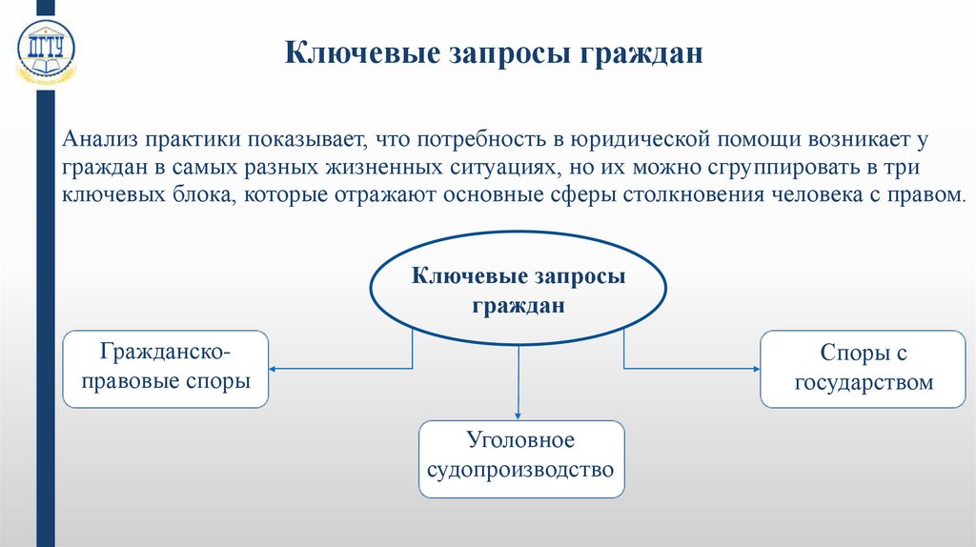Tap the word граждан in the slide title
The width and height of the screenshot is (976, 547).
click(x=637, y=51)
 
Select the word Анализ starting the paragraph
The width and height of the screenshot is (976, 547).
click(x=99, y=140)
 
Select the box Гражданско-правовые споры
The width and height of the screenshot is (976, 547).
click(x=166, y=369)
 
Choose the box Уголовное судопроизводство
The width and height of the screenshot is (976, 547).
click(x=521, y=458)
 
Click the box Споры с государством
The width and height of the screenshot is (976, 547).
click(x=862, y=369)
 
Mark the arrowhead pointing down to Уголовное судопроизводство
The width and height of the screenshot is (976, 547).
click(x=518, y=414)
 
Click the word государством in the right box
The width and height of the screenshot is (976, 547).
click(x=862, y=382)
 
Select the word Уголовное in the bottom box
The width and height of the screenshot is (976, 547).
click(x=520, y=443)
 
